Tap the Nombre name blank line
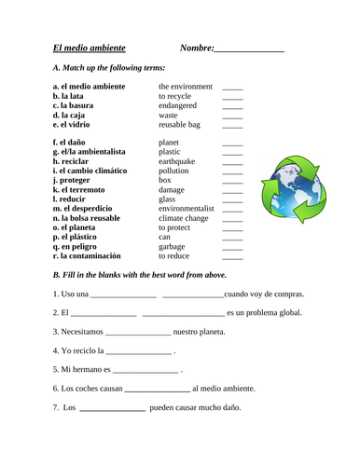[249, 49]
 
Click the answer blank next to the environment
[232, 88]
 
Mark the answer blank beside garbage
[232, 249]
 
